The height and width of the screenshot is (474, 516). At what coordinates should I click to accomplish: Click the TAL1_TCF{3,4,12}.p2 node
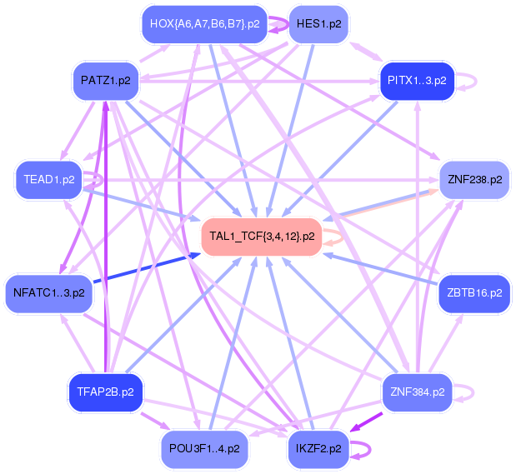(x=262, y=236)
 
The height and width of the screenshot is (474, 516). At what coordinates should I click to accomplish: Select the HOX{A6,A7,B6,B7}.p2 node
(x=204, y=23)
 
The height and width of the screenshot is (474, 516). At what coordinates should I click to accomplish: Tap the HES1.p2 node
(x=318, y=24)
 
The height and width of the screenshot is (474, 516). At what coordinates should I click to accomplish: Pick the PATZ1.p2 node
(x=104, y=80)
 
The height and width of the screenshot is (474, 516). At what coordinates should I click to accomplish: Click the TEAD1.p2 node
(x=50, y=179)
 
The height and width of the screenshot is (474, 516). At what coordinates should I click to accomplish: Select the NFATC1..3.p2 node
(x=49, y=292)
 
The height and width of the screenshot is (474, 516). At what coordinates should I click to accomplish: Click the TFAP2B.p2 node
(x=105, y=391)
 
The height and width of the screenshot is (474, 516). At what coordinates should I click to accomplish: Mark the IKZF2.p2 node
(x=318, y=448)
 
